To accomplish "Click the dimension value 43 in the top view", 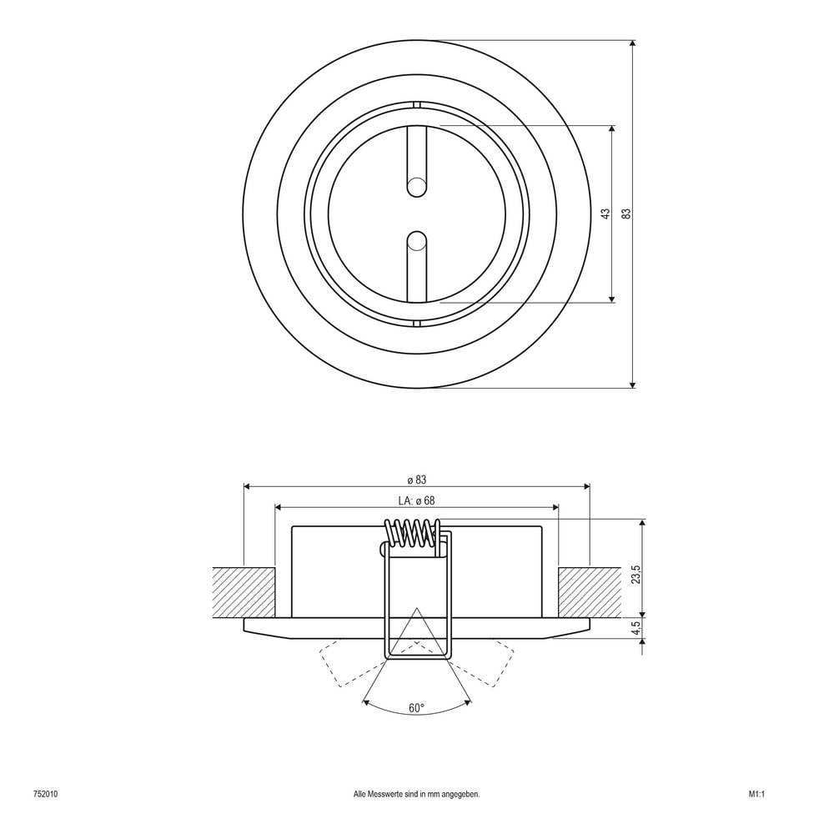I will [605, 214].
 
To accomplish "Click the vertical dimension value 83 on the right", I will [625, 214].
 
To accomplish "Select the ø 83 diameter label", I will [416, 480].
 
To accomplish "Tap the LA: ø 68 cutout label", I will [417, 500].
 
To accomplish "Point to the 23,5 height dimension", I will [636, 575].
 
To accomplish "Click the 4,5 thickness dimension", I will [636, 627].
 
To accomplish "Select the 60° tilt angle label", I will [416, 708].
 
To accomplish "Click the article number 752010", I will [45, 795].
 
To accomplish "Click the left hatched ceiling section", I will [244, 592].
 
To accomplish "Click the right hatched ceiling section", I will [590, 592].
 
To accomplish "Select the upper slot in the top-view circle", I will [415, 158].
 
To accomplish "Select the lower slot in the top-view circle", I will [415, 267].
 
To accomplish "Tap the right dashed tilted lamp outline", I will [488, 663].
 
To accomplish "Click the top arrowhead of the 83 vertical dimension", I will [632, 44].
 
